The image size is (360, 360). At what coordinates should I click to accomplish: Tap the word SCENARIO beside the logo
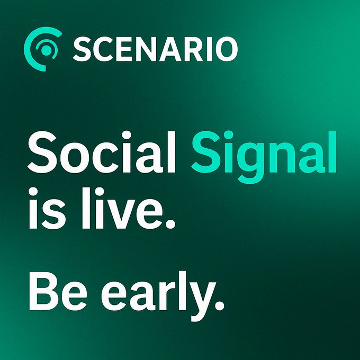(x=155, y=49)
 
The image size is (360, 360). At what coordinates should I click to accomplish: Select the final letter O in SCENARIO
(x=224, y=49)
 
